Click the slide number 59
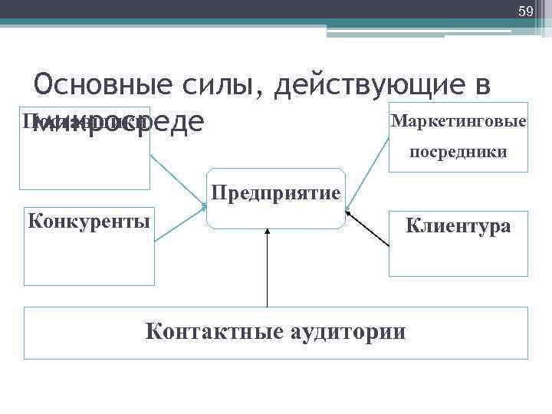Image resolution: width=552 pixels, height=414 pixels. (525, 11)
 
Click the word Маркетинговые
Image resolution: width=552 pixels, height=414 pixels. (458, 121)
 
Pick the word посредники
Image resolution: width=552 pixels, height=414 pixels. (458, 152)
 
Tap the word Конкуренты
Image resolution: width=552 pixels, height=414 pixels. (88, 222)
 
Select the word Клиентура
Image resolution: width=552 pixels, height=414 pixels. (458, 226)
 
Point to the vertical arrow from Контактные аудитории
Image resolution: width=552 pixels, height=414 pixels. (267, 268)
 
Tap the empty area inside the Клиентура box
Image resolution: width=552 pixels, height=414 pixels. (458, 257)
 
